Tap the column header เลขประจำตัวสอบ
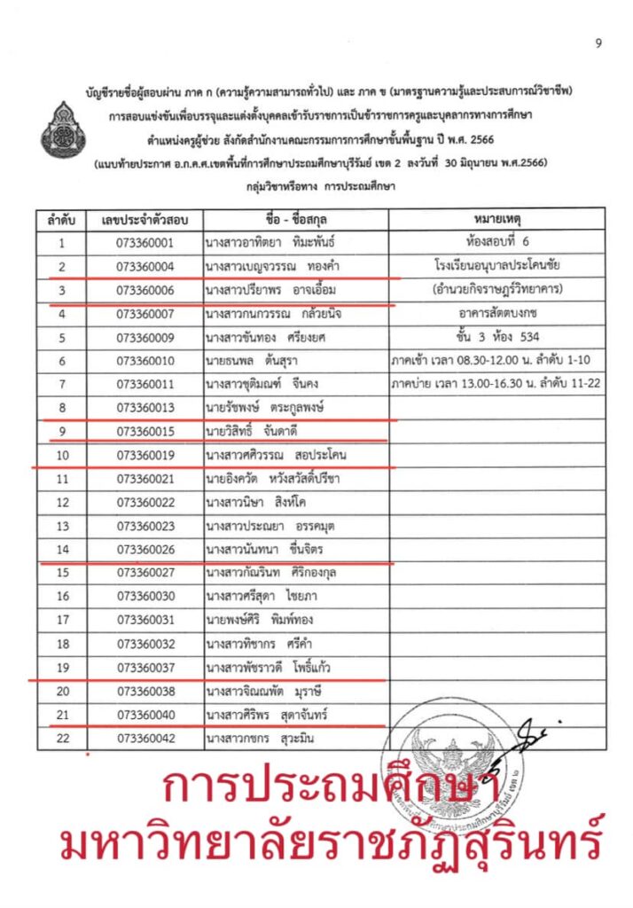click(x=145, y=219)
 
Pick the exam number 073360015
click(x=145, y=432)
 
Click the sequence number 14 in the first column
click(x=61, y=550)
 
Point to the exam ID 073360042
click(x=145, y=739)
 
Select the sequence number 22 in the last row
click(x=61, y=739)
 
